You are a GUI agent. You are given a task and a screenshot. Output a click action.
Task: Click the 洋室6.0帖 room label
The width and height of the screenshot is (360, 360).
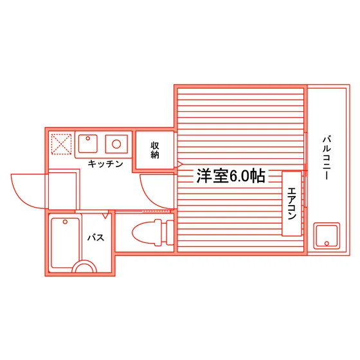[x=231, y=176]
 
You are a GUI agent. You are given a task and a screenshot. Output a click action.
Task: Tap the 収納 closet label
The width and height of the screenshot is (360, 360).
[x=155, y=150]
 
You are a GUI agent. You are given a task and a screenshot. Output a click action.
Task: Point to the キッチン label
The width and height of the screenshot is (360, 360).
[x=105, y=164]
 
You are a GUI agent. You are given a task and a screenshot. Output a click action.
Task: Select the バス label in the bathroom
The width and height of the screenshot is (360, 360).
[x=96, y=237]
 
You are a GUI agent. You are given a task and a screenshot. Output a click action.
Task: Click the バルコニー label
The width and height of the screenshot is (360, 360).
[x=327, y=158]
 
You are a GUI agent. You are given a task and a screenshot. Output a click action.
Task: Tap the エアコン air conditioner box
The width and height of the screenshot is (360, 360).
[x=292, y=204]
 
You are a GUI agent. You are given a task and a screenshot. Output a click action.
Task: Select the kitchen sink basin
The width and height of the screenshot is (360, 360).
[x=87, y=144]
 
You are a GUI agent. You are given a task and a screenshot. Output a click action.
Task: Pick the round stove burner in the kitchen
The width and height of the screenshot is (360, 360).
[x=116, y=144]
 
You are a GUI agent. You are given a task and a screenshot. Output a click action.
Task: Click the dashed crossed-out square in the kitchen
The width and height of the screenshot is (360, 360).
[x=61, y=144]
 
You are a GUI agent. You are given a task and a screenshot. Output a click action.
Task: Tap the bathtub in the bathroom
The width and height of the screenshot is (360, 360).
[x=66, y=244]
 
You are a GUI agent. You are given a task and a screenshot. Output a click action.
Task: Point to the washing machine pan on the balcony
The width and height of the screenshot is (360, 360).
[x=327, y=236]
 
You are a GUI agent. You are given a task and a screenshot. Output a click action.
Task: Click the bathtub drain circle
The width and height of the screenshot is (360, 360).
[x=65, y=222]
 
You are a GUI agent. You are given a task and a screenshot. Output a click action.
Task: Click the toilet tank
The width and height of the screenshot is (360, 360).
[x=170, y=232]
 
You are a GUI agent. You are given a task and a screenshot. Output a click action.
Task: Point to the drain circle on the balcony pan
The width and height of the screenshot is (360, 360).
[x=327, y=244]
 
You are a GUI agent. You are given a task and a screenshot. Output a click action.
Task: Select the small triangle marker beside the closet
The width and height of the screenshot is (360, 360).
[x=180, y=164]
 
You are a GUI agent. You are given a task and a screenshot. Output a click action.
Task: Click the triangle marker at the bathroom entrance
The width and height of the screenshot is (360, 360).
[x=105, y=215]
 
